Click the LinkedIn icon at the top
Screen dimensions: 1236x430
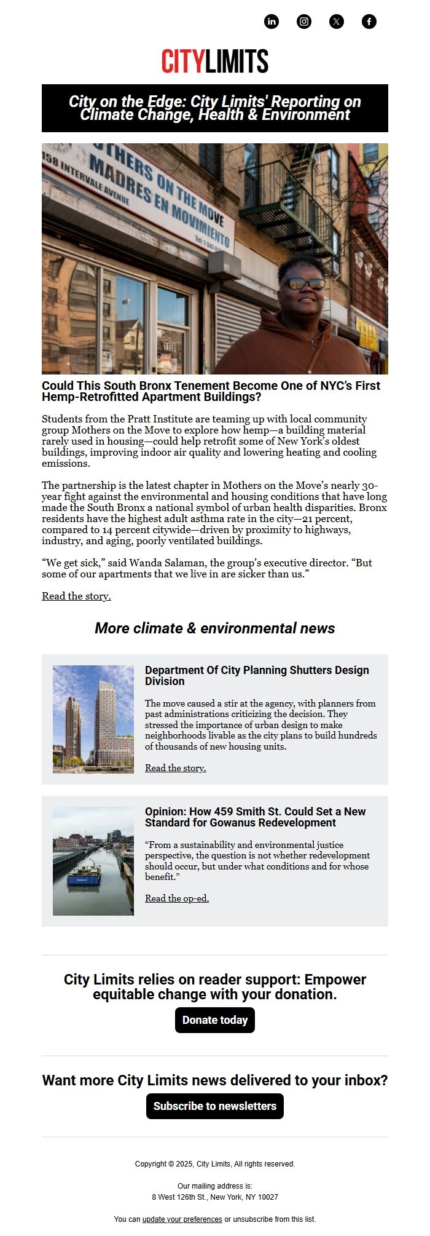[272, 22]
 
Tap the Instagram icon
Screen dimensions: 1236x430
[304, 22]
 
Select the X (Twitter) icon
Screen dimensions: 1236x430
[337, 22]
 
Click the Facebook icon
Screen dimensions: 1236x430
[369, 22]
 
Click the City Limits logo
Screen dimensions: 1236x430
[215, 61]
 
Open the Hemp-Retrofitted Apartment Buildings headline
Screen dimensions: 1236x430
[211, 391]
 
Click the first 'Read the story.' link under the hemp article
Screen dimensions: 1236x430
[76, 596]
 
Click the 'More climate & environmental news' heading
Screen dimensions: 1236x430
[215, 628]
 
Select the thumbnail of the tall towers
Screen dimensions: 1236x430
[93, 719]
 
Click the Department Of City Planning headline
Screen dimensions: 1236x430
[257, 675]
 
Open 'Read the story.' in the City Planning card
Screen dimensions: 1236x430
[175, 768]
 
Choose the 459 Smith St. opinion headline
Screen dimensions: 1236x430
[255, 817]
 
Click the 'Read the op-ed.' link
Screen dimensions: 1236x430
[177, 898]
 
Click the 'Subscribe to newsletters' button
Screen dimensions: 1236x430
[215, 1106]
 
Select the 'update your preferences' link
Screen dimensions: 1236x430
[182, 1219]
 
